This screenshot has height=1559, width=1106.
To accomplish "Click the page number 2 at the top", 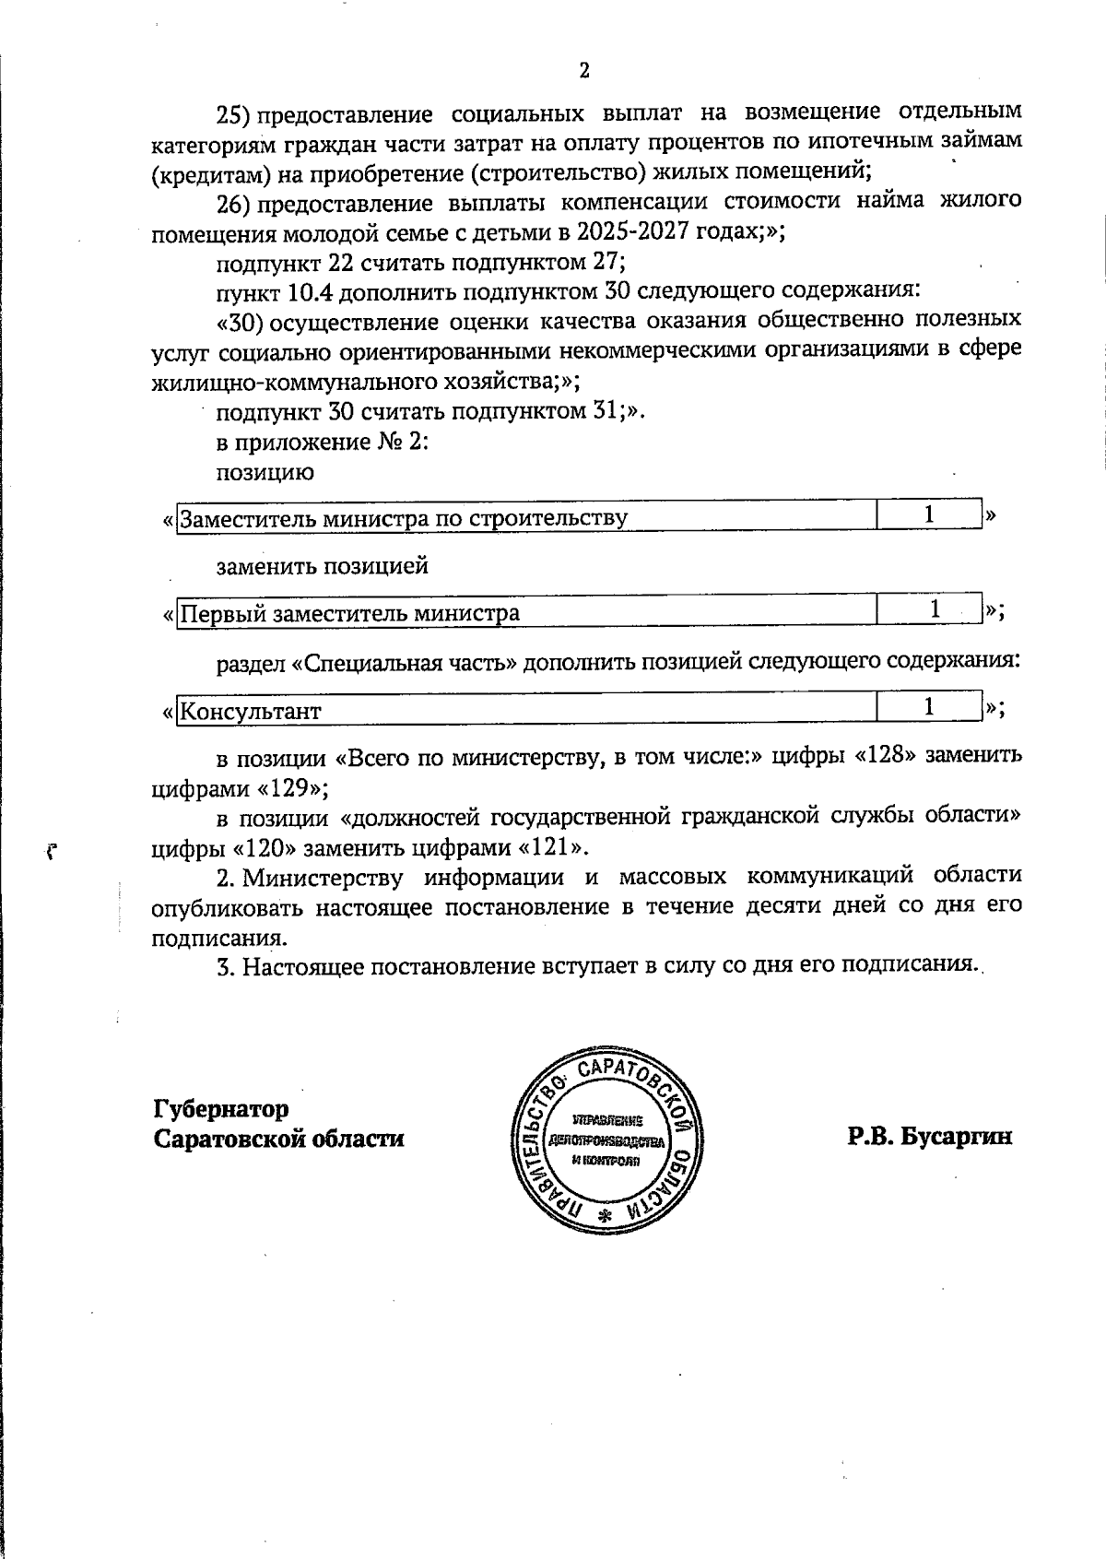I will tap(583, 72).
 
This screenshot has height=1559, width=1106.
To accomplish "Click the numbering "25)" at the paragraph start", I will tap(235, 115).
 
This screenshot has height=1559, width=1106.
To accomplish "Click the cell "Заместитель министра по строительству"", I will tap(404, 518).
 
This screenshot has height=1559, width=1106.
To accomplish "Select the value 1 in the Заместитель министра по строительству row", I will tap(929, 514).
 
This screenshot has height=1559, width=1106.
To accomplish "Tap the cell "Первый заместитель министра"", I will tap(350, 613).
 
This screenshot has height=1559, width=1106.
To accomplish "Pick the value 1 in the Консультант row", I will tap(929, 706).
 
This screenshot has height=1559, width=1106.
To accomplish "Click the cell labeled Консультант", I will tap(251, 712).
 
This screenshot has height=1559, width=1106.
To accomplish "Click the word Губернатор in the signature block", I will tap(221, 1108).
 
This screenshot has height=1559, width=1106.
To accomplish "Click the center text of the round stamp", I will tap(606, 1140).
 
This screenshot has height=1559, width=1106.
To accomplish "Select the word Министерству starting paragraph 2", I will tap(319, 876).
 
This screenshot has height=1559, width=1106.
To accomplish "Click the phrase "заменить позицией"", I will tap(322, 566).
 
